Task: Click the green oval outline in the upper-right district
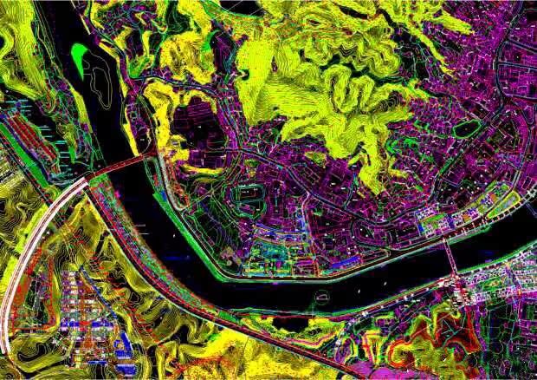click(x=467, y=129)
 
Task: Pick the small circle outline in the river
click(x=322, y=297)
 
